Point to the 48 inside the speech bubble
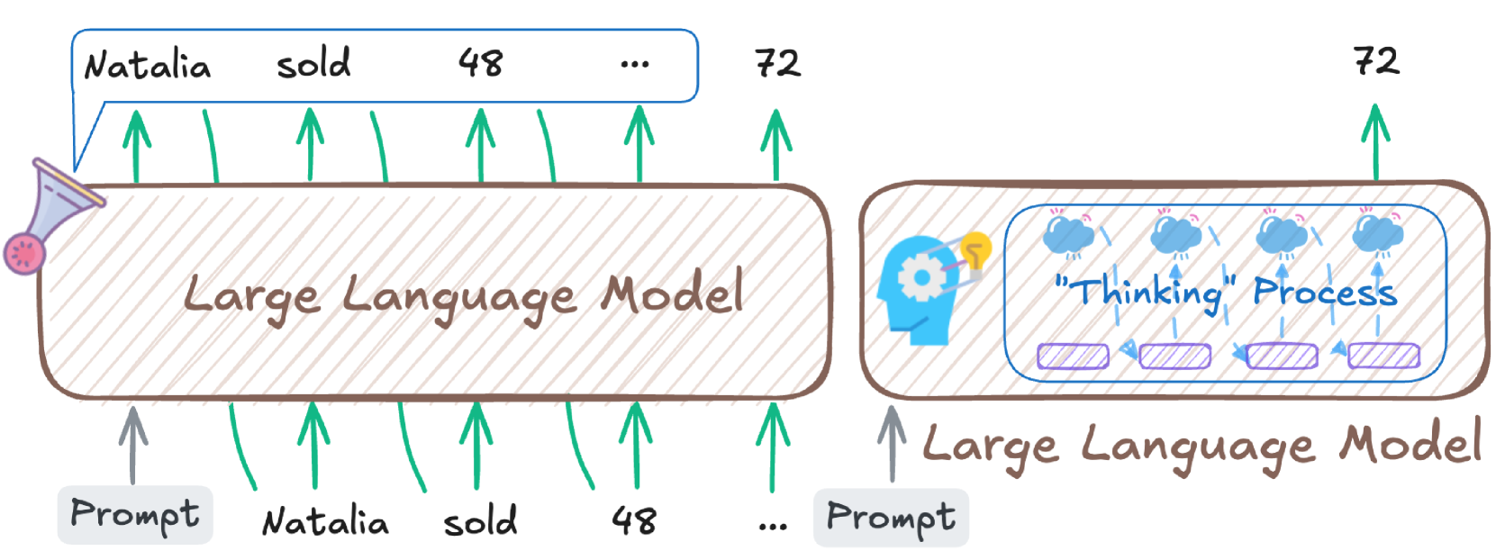point(480,63)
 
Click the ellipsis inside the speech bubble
point(634,65)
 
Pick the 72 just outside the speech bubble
point(777,64)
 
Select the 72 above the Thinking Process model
point(1376,61)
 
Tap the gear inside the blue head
point(920,277)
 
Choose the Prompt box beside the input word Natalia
point(135,515)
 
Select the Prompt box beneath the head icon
point(891,518)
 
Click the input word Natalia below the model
point(325,522)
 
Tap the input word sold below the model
point(480,521)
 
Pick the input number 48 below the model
point(633,520)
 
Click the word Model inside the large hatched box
point(673,294)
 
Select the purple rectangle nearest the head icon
point(1073,357)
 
